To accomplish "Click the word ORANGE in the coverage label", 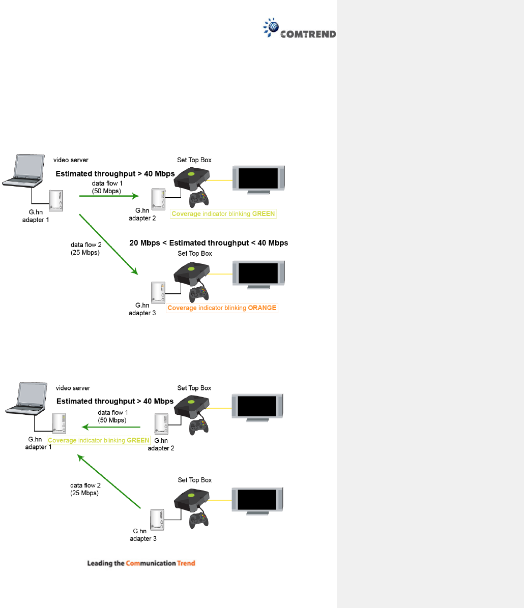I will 261,308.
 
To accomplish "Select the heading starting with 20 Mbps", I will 209,243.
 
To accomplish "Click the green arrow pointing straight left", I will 114,426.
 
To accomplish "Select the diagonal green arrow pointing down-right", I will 108,245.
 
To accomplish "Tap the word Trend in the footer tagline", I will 186,563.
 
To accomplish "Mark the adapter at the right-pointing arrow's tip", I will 158,200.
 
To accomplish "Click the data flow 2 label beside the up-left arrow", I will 85,489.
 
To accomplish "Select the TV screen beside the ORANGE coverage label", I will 258,274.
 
